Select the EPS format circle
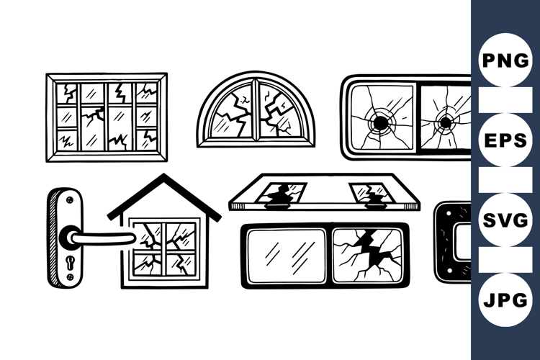pyautogui.click(x=505, y=140)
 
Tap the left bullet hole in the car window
pyautogui.click(x=378, y=122)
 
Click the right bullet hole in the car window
pyautogui.click(x=444, y=122)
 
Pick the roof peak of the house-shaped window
pyautogui.click(x=164, y=177)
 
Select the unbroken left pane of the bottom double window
pyautogui.click(x=287, y=256)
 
